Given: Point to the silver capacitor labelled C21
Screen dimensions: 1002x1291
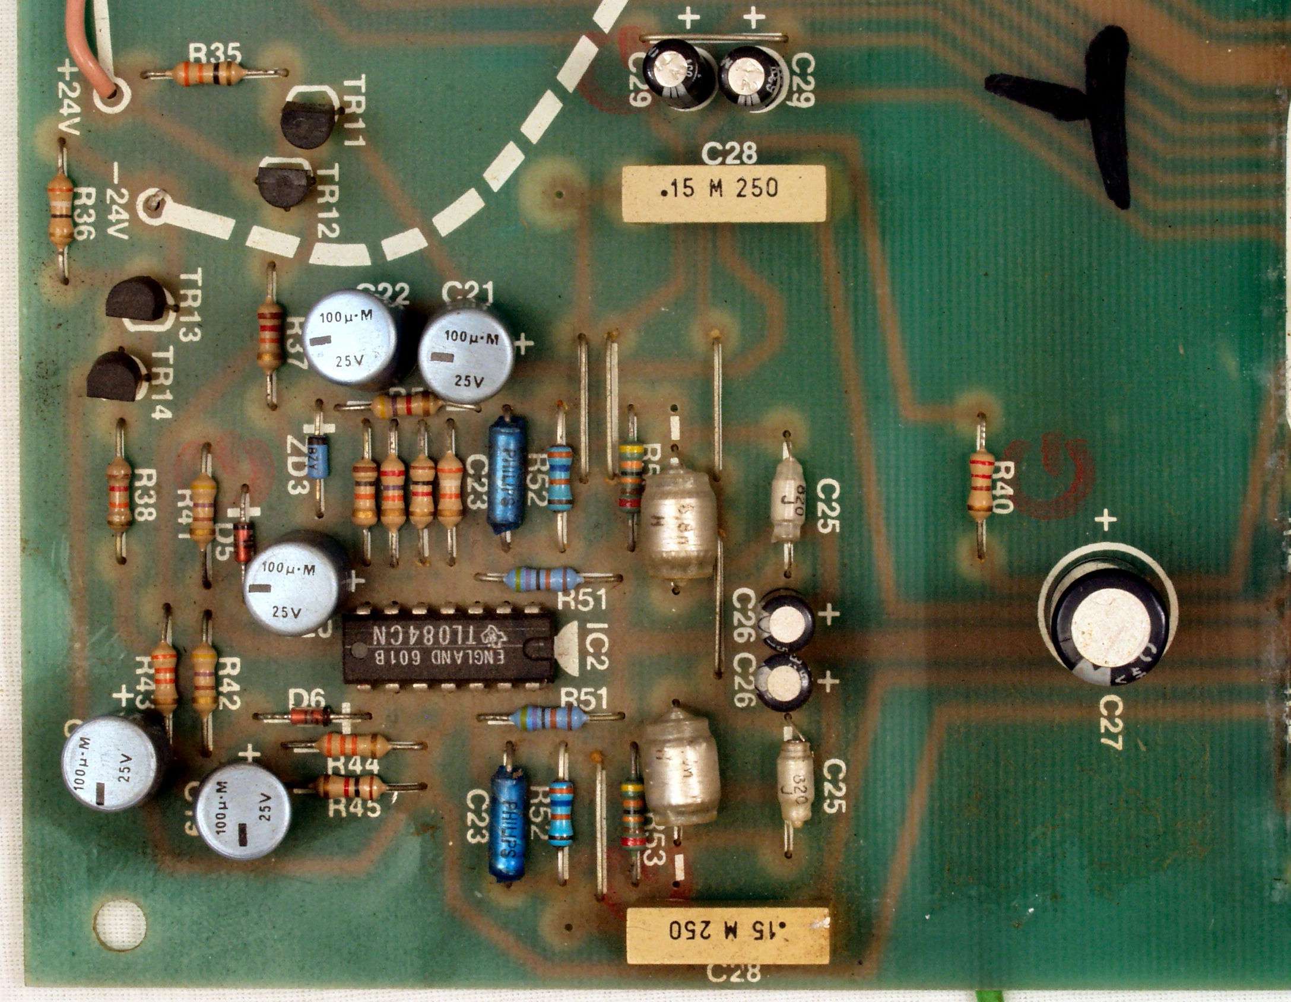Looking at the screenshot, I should pos(467,354).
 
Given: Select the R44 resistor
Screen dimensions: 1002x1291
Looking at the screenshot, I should pos(353,744).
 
